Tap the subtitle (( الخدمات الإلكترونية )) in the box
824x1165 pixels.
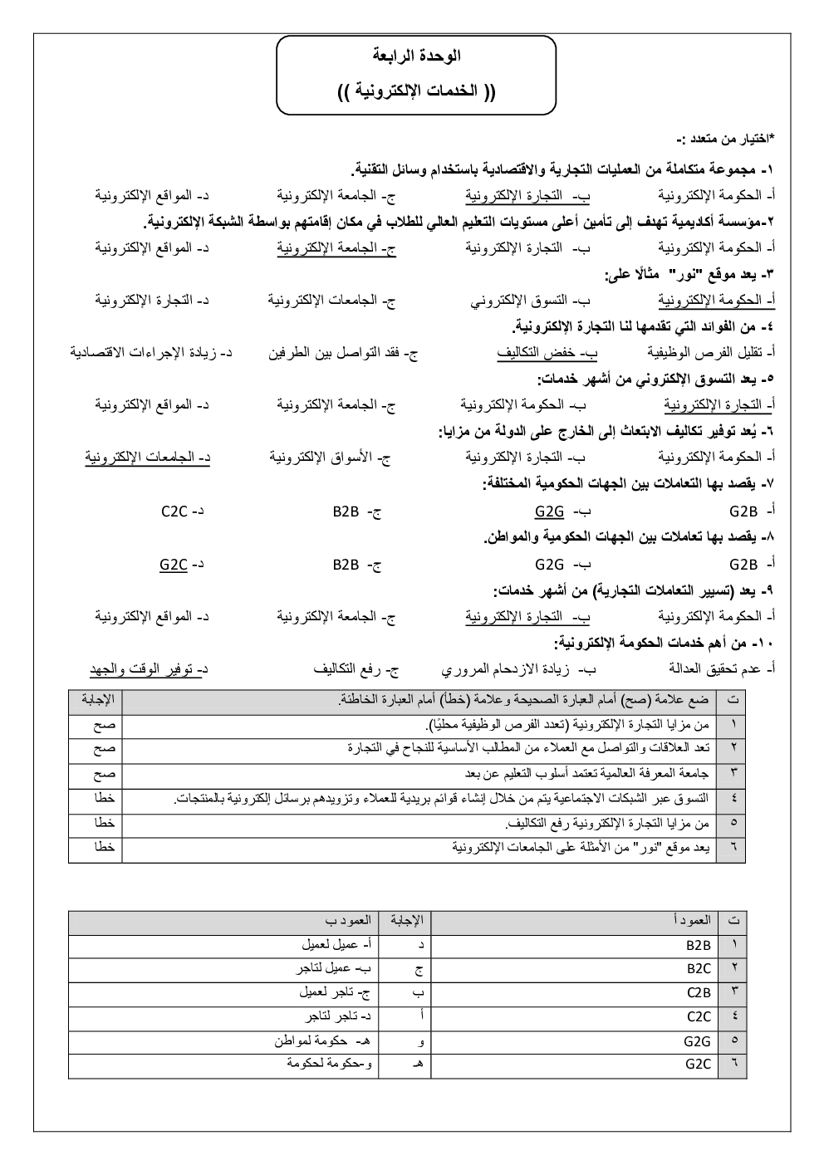pyautogui.click(x=417, y=90)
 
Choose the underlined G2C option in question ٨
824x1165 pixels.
pyautogui.click(x=174, y=565)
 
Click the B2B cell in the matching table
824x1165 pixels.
pyautogui.click(x=698, y=945)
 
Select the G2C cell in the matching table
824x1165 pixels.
pyautogui.click(x=698, y=1063)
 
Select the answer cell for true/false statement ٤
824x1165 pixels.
pyautogui.click(x=105, y=798)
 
